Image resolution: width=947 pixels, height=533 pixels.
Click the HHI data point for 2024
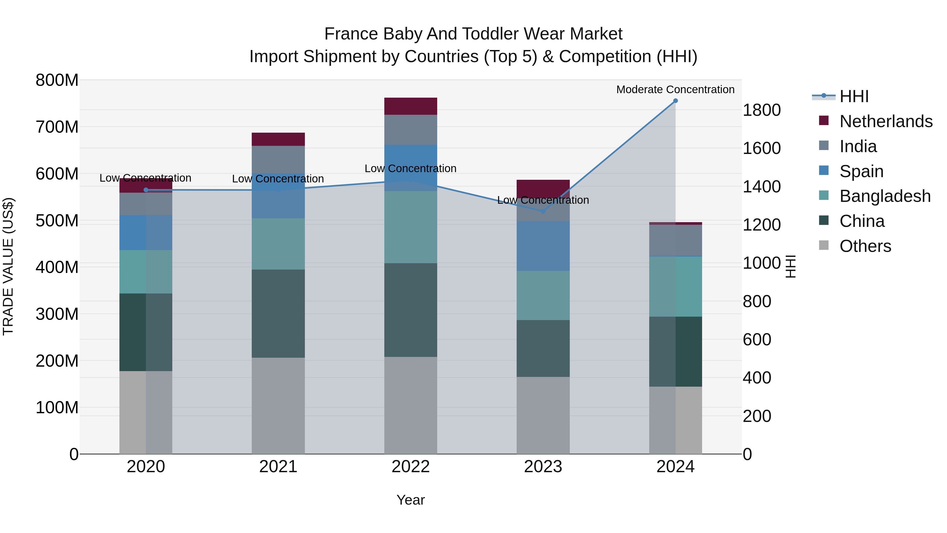(675, 101)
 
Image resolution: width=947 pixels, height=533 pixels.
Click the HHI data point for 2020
(146, 190)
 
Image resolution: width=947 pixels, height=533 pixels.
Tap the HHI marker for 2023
(543, 211)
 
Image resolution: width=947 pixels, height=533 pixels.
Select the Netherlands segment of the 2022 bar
(411, 106)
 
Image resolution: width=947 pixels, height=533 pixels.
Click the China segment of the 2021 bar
(278, 313)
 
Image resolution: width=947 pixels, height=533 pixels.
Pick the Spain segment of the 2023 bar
(543, 246)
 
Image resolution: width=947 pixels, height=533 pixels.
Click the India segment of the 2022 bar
(411, 129)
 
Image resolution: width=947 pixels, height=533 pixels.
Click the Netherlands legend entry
(886, 121)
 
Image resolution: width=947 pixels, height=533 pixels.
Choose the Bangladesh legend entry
(885, 196)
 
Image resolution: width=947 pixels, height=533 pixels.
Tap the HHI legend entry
(854, 96)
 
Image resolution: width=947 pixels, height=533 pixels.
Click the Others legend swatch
(824, 245)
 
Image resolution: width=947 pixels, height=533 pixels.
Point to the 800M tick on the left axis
(57, 80)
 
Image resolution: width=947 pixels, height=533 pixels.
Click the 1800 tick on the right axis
(762, 110)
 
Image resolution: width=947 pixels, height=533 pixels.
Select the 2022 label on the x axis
(411, 467)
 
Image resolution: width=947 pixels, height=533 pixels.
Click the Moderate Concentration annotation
(675, 89)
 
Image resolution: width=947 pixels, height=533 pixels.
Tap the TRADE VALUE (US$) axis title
(8, 266)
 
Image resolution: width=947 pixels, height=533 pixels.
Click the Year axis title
(411, 500)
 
